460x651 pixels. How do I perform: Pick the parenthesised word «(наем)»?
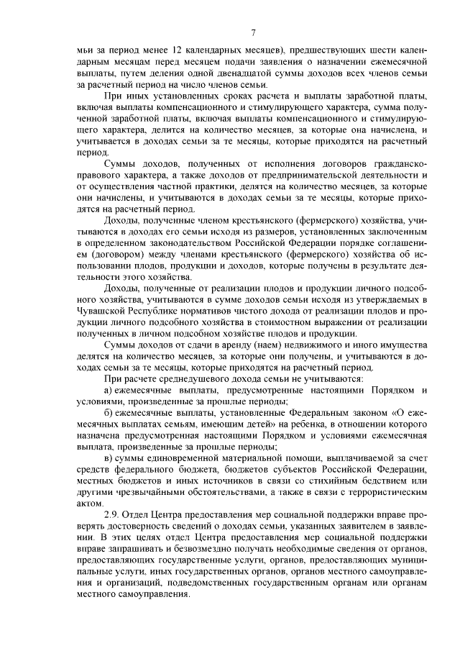(282, 345)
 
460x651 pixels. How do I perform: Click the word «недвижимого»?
(332, 345)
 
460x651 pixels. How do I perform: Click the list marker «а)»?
(109, 389)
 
